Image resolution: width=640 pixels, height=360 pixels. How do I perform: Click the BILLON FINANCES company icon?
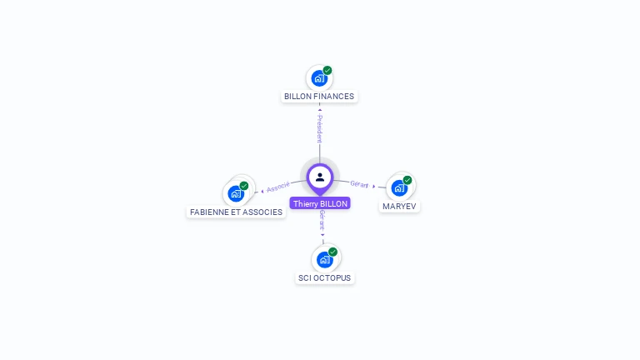pos(318,78)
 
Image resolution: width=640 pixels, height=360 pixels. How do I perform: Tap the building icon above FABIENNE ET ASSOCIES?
pos(236,193)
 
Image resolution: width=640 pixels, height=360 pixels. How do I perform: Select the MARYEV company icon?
pos(399,187)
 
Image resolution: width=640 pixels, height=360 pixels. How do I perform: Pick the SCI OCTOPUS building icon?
pos(324,259)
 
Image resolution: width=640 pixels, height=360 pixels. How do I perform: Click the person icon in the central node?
pos(320,177)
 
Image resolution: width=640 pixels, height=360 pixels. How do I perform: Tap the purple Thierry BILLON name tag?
pos(320,203)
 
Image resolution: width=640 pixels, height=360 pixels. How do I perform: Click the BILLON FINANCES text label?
pos(319,97)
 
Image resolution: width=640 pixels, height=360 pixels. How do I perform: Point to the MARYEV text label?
pos(399,206)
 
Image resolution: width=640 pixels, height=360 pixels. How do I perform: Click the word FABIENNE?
pos(207,212)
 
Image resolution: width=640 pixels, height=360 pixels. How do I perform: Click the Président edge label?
pos(319,128)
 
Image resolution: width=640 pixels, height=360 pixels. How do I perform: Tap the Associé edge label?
pos(278,187)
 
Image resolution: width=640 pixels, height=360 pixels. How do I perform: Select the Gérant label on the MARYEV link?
pos(359,184)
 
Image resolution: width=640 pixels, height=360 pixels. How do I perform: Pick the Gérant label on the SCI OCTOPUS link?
pos(322,221)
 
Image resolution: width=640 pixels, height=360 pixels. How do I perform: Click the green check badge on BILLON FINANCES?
pos(327,71)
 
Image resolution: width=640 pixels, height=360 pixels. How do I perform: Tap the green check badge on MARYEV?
pos(407,180)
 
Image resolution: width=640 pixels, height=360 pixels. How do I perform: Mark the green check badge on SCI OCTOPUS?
pos(332,252)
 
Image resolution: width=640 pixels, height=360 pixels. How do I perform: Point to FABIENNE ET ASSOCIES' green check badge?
pos(244,186)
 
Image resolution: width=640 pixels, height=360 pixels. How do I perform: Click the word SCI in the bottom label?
pos(304,278)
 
